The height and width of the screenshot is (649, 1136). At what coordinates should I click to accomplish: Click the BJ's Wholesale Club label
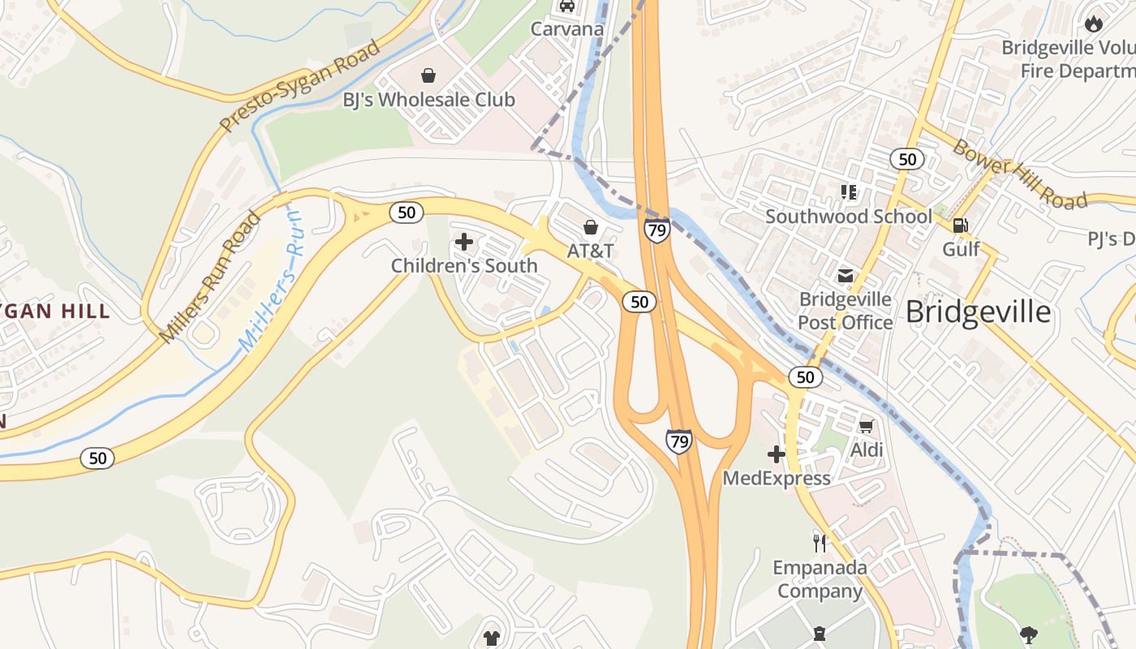(x=428, y=100)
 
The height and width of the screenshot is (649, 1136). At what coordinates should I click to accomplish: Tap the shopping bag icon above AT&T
(x=591, y=227)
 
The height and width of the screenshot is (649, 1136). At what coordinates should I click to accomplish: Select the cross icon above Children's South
(x=464, y=242)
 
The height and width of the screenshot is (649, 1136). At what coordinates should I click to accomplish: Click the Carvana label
(x=567, y=29)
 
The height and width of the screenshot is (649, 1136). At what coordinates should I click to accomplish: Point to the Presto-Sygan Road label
(x=300, y=86)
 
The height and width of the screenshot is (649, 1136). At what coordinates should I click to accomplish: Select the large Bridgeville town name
(x=978, y=312)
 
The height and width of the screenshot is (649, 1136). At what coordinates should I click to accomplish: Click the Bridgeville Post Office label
(x=845, y=311)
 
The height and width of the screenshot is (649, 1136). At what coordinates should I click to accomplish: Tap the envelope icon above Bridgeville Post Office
(x=846, y=276)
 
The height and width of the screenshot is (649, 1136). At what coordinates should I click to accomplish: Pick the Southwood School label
(x=849, y=217)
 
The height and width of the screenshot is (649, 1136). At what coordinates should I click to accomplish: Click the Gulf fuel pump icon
(x=961, y=226)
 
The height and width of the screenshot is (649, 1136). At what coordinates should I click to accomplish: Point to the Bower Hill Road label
(x=1018, y=174)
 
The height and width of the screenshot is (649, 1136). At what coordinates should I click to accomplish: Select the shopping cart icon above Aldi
(x=866, y=426)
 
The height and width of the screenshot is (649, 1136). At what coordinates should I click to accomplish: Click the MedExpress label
(x=777, y=478)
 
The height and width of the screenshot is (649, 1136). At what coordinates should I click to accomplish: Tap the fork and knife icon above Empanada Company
(x=820, y=542)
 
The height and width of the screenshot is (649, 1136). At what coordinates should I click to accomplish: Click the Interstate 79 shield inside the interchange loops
(x=678, y=441)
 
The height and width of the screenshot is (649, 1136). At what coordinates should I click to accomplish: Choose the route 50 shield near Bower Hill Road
(x=907, y=159)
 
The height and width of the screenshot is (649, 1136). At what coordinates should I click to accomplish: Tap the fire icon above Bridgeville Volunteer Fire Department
(x=1094, y=24)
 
